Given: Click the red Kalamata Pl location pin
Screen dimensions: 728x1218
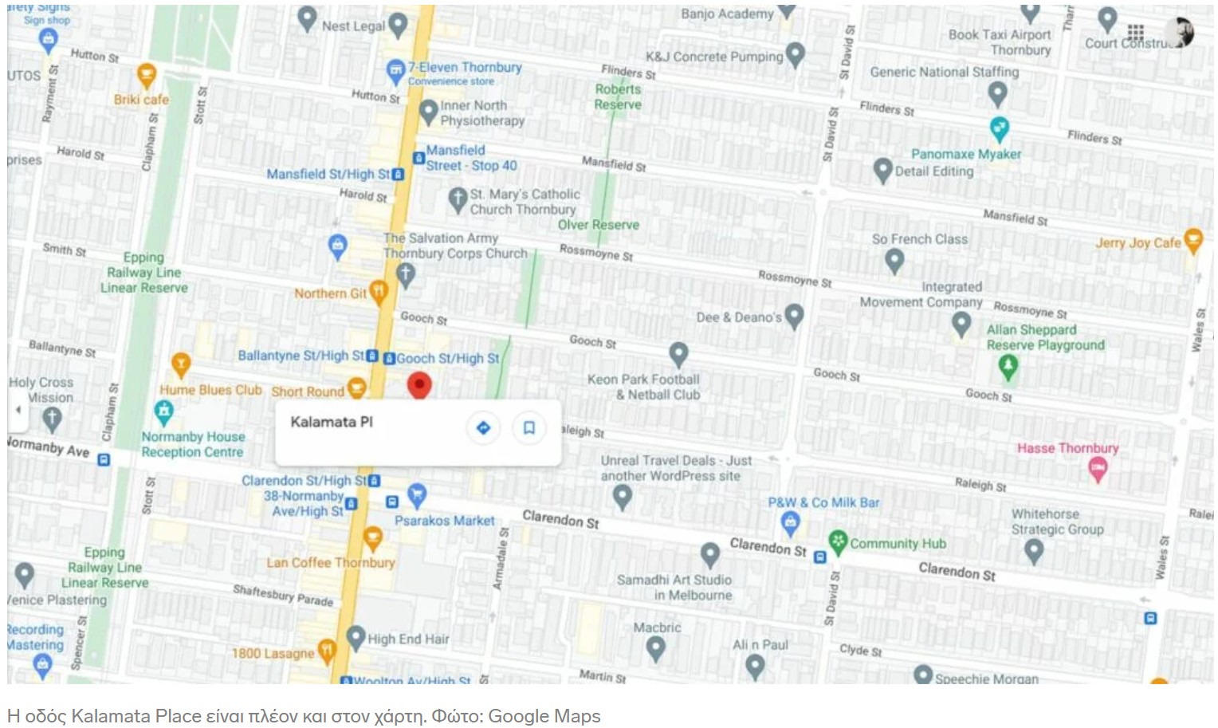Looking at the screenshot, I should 419,384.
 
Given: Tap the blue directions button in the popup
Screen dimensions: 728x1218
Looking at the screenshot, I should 483,428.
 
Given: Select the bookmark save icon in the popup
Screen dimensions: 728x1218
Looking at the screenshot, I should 528,428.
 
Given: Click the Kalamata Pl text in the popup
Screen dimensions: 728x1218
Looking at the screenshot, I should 331,422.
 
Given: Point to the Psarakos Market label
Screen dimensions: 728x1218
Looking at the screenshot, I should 445,521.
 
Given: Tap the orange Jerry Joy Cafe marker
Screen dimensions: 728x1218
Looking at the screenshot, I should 1192,239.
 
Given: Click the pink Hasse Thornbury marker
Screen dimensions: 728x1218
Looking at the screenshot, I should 1098,470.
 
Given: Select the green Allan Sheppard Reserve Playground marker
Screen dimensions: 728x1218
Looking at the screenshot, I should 1008,366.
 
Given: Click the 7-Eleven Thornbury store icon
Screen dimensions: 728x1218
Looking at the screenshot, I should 395,72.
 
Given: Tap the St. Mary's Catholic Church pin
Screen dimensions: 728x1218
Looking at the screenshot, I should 457,199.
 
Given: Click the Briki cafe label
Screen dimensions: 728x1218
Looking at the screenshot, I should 141,100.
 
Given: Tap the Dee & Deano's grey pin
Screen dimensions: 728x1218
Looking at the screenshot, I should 793,315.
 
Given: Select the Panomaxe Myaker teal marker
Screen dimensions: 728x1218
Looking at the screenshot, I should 999,128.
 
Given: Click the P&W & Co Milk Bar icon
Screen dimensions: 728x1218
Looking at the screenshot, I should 790,523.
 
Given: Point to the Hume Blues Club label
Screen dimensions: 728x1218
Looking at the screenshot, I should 210,390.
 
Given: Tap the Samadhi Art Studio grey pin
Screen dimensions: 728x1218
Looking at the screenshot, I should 709,554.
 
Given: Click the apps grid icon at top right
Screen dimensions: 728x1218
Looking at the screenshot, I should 1136,32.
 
